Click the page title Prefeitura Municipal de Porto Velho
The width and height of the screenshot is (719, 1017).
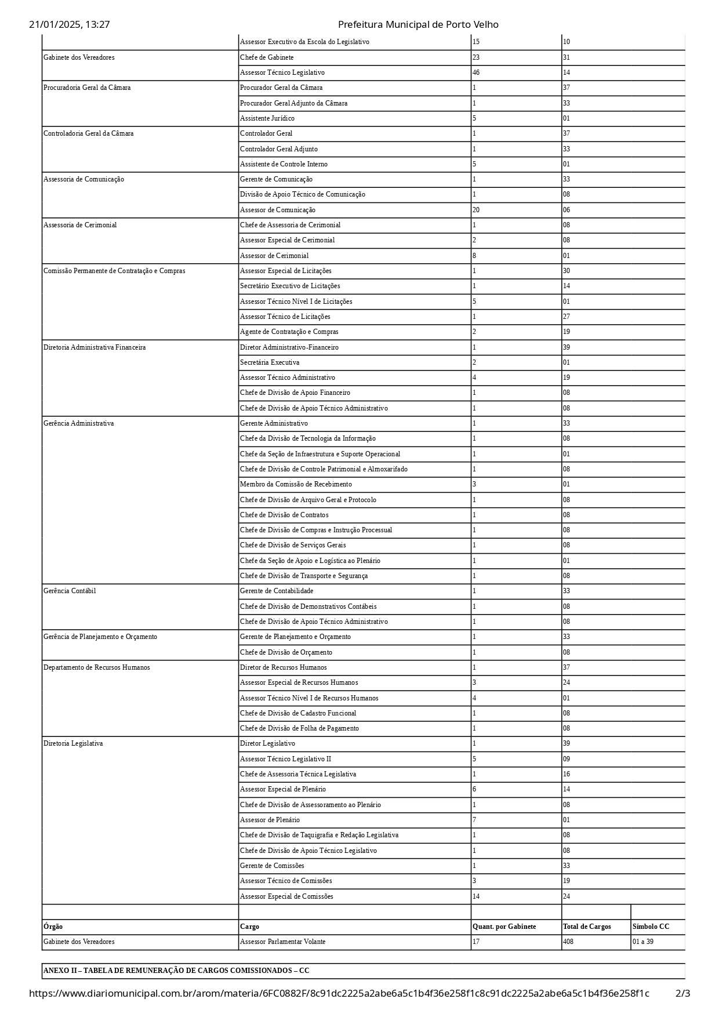point(417,24)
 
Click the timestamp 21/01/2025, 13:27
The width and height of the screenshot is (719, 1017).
point(70,24)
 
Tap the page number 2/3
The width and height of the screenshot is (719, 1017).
point(682,993)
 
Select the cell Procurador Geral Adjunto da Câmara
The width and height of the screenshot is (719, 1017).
point(293,103)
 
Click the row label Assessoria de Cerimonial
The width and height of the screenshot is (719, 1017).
point(80,225)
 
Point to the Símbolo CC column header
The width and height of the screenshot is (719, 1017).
point(651,927)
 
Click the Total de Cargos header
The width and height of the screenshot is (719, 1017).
point(587,927)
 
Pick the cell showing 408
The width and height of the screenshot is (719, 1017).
point(568,942)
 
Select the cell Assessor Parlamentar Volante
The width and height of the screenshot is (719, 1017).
point(282,942)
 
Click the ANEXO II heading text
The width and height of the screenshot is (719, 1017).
point(176,971)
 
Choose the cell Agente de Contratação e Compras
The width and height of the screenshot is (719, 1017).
point(289,332)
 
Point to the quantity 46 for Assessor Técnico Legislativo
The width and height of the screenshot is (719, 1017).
point(476,72)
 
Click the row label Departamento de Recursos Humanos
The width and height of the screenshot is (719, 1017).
point(96,667)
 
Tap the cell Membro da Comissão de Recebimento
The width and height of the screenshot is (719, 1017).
point(296,484)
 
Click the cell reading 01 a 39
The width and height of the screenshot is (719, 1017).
point(643,942)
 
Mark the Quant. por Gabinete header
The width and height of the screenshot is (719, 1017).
point(504,927)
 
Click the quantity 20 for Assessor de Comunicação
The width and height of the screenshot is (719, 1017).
point(476,210)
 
